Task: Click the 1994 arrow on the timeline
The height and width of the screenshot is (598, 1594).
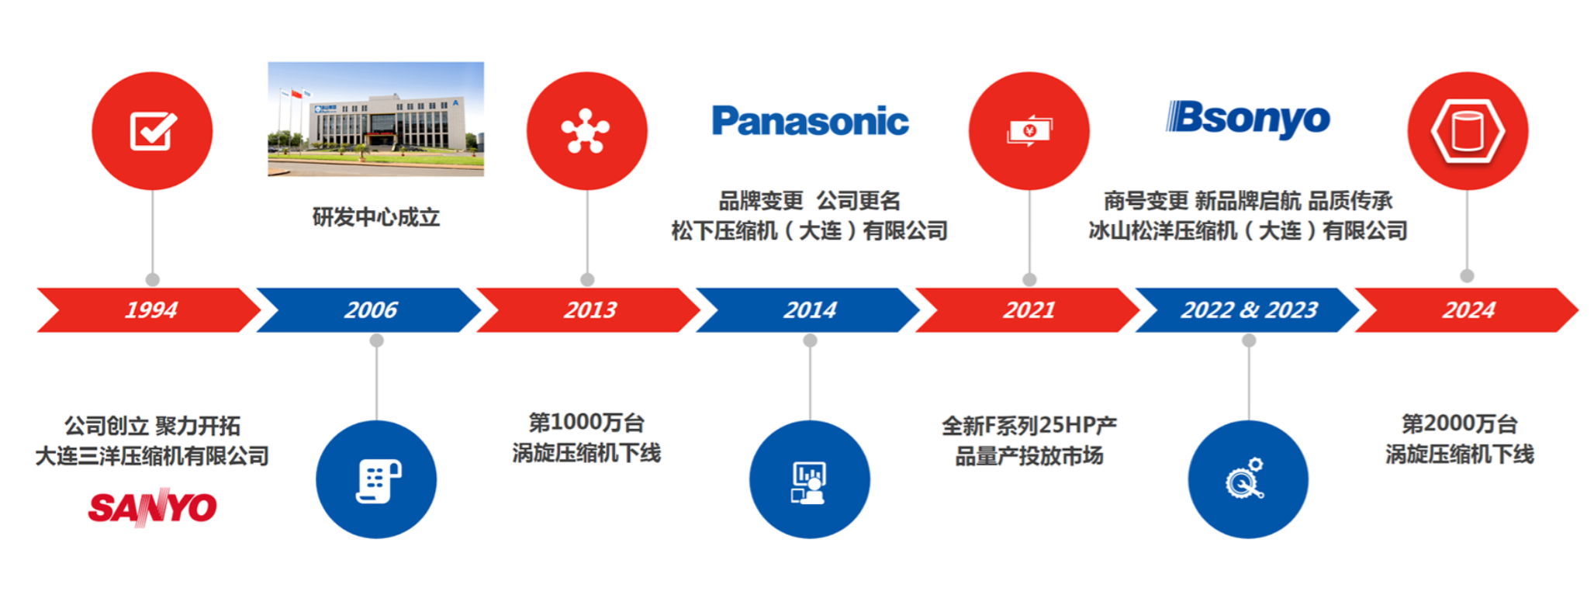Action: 151,310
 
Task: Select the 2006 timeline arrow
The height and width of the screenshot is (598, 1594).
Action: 371,310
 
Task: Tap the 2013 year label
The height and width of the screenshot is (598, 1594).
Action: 590,310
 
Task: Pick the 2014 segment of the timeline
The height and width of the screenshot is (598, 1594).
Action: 810,310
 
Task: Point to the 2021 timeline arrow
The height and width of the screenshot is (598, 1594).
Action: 1029,310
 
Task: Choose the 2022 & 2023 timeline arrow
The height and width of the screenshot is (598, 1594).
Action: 1249,310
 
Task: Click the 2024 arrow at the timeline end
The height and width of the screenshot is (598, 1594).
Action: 1468,310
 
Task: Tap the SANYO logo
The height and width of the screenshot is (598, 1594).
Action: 152,508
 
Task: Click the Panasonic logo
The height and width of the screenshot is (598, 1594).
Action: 810,121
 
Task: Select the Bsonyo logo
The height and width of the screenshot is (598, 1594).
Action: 1248,119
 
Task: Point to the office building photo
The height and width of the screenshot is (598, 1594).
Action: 375,119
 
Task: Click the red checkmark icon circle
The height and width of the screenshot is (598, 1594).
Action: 152,131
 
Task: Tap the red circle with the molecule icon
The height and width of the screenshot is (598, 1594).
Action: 586,131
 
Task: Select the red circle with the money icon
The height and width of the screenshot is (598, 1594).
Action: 1029,131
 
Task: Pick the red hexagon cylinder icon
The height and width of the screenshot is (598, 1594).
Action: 1468,131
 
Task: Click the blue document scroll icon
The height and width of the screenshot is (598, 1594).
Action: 376,479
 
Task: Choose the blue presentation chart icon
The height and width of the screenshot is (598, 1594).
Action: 809,479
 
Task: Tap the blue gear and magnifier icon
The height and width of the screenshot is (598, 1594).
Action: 1247,479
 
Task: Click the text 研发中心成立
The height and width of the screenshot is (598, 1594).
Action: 376,217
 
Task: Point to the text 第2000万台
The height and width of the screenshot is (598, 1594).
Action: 1459,424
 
